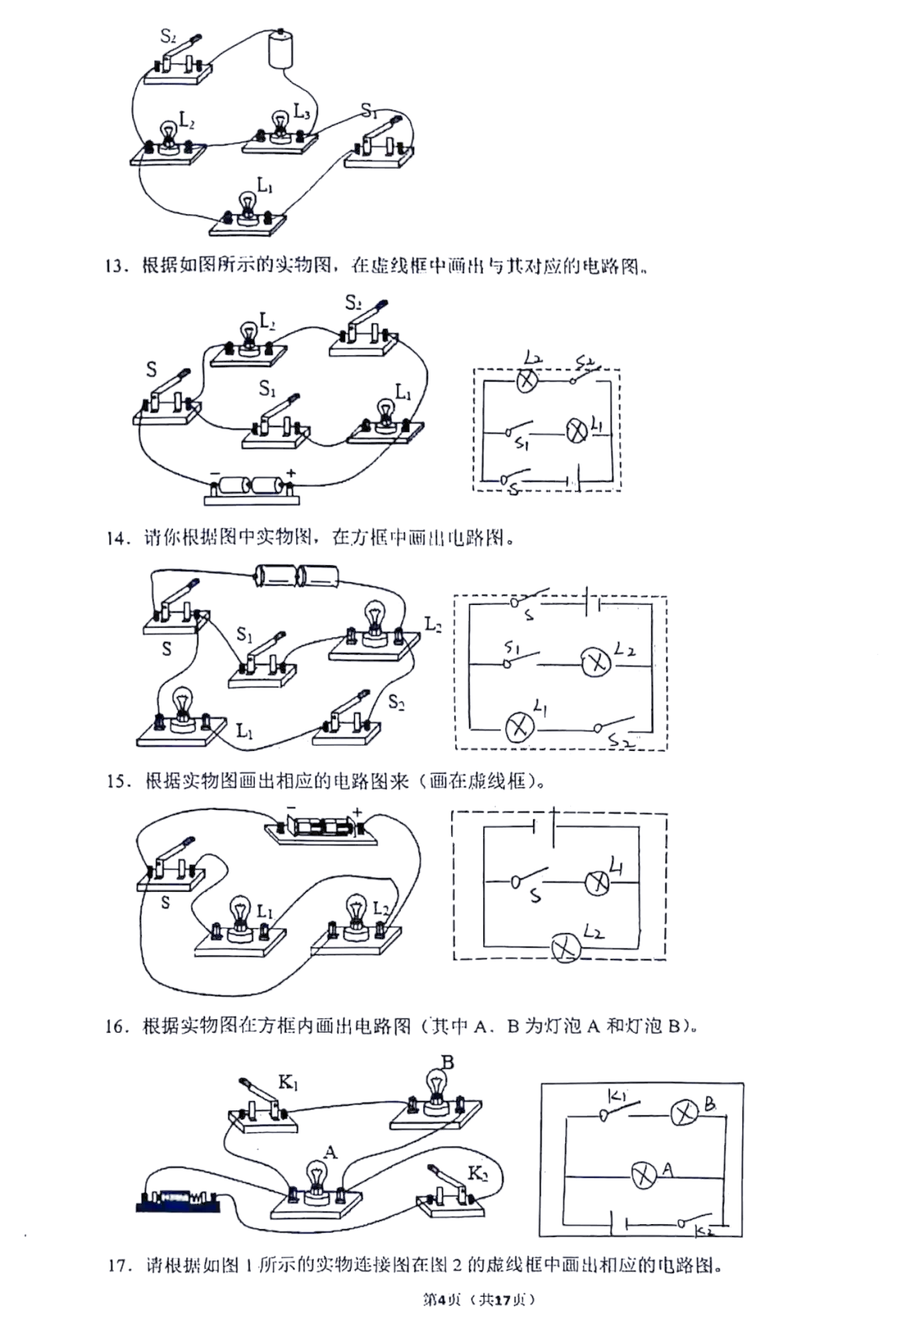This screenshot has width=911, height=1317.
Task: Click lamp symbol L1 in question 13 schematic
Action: (576, 432)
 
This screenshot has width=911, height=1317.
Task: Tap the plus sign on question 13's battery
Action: (291, 472)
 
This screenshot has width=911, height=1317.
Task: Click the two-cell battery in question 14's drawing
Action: (296, 577)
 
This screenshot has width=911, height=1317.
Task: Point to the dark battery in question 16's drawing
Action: (178, 1200)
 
